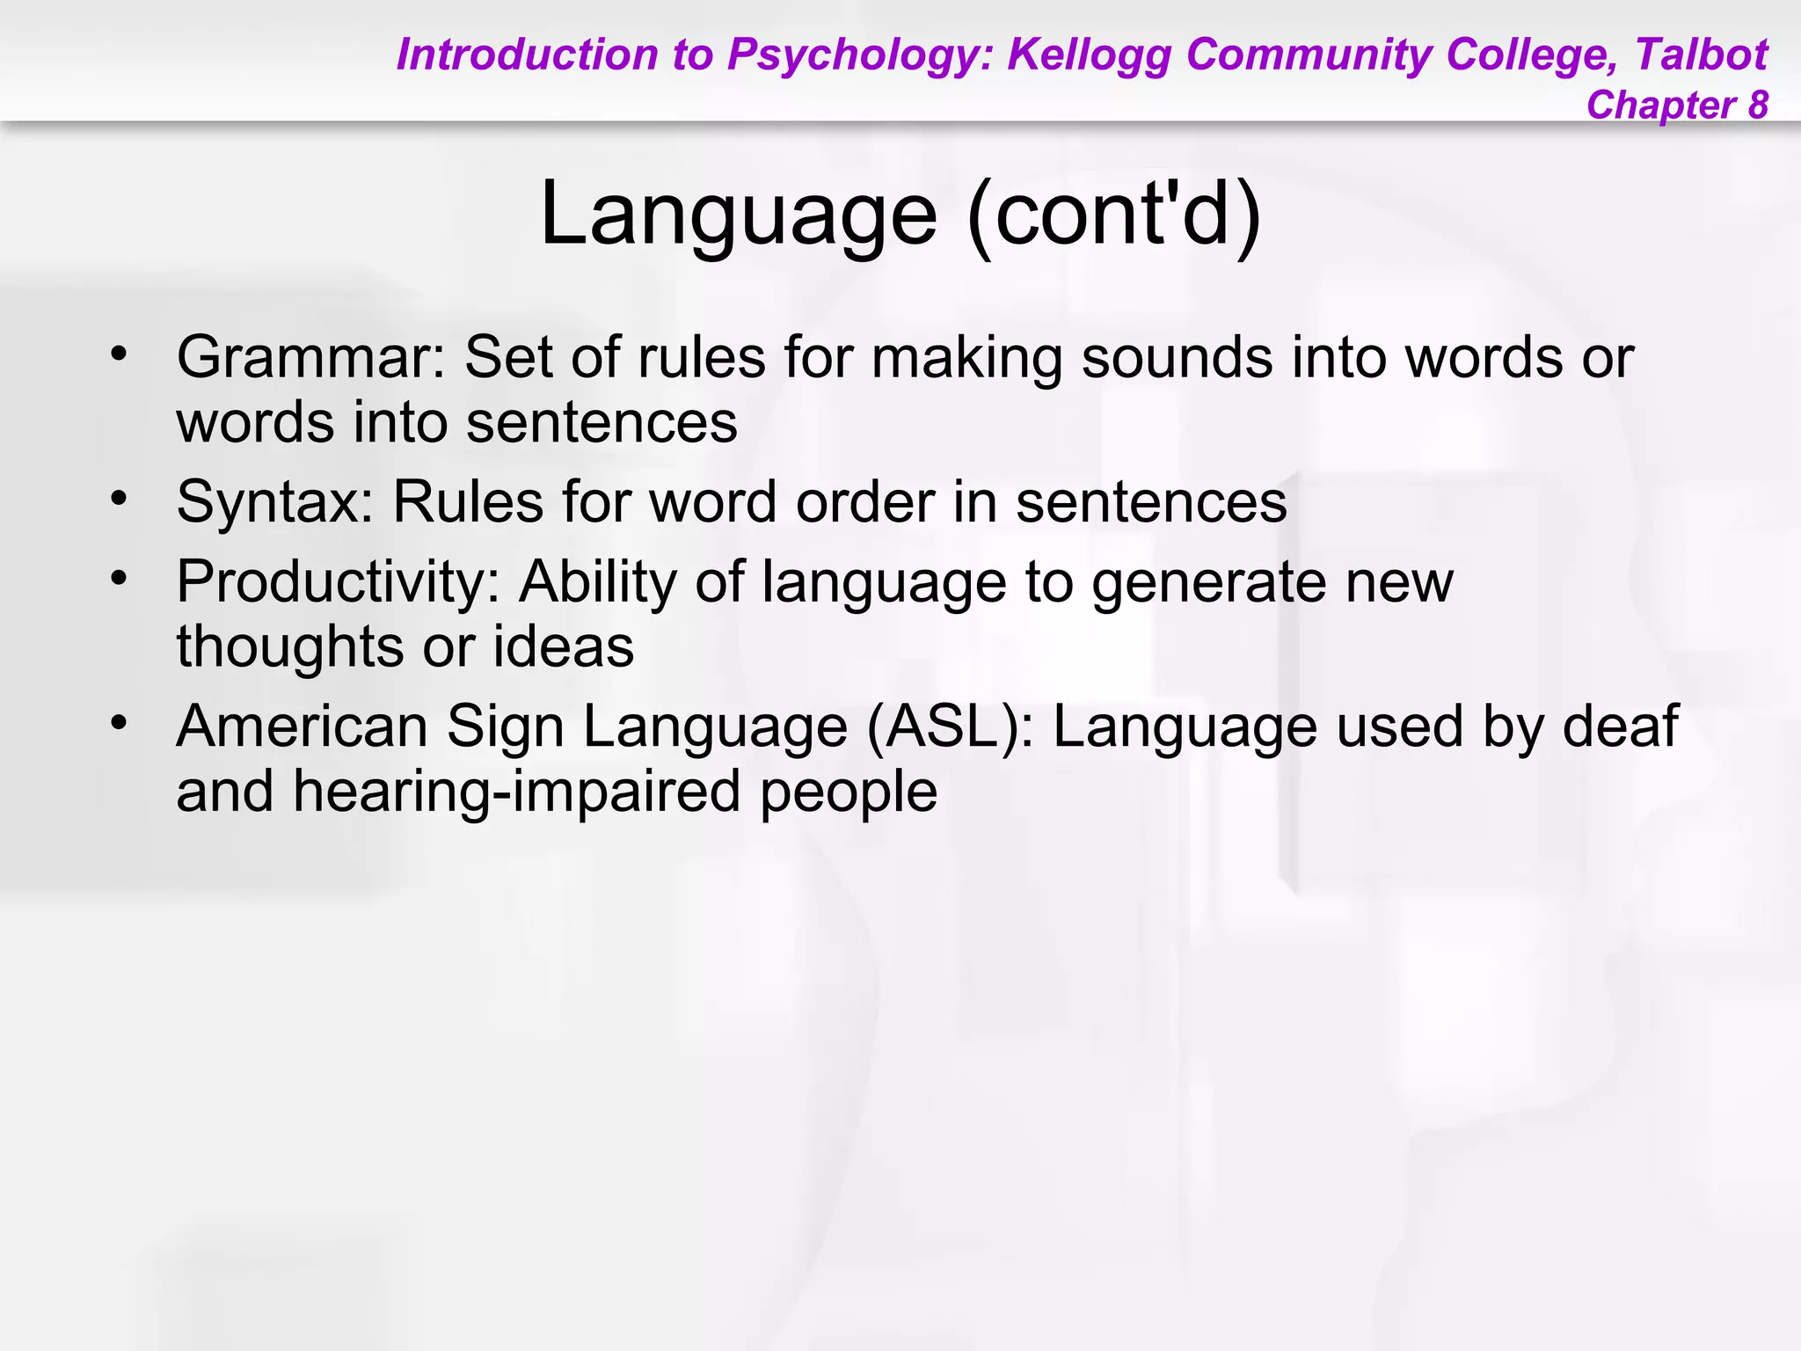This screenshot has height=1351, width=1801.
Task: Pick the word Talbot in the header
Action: [x=1701, y=55]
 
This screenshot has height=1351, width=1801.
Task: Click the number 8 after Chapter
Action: [x=1758, y=106]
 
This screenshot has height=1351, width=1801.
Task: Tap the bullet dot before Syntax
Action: [x=119, y=499]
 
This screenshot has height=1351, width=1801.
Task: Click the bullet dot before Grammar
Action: [x=119, y=354]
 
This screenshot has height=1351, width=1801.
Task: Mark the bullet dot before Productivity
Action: [x=119, y=579]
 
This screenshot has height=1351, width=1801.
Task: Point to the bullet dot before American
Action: [x=119, y=723]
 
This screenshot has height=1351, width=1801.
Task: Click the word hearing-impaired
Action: [x=518, y=792]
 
